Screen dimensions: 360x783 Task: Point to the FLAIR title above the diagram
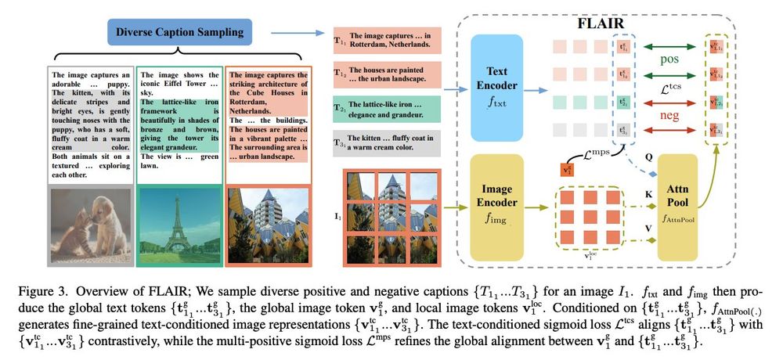tap(600, 23)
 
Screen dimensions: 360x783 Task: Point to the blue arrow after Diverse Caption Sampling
tap(294, 34)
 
